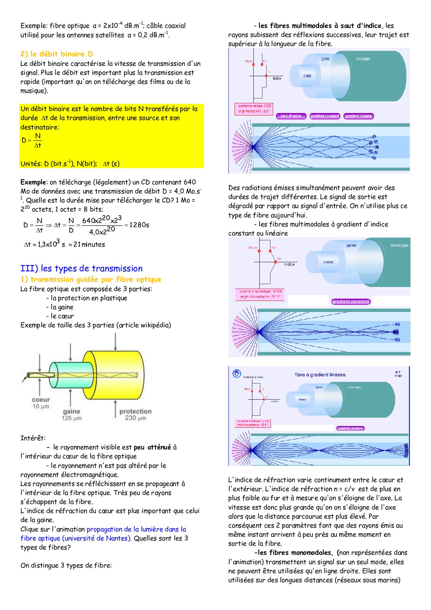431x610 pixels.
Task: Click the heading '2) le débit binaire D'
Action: click(57, 54)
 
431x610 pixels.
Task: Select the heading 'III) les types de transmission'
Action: click(81, 268)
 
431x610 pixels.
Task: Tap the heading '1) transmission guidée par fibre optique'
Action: click(91, 280)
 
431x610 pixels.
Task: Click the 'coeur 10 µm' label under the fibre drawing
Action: click(41, 403)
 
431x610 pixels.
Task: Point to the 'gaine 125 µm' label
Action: click(72, 415)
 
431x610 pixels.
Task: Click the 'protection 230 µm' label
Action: click(135, 415)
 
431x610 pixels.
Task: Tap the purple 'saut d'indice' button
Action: click(291, 116)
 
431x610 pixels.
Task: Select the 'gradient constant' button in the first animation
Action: click(325, 116)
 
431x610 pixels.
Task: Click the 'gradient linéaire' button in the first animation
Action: click(358, 116)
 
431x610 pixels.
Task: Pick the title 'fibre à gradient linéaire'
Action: click(320, 375)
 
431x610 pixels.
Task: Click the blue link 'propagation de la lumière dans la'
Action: click(136, 529)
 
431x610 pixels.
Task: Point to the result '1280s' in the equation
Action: click(139, 225)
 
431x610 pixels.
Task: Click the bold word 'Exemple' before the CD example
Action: click(33, 182)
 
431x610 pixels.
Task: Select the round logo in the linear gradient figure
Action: click(237, 374)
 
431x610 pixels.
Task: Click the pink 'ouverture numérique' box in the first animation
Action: click(253, 108)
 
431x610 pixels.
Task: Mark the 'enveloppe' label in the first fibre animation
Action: click(363, 59)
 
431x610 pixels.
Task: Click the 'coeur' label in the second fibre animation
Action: click(328, 262)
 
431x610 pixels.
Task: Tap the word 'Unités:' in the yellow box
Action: click(31, 164)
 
